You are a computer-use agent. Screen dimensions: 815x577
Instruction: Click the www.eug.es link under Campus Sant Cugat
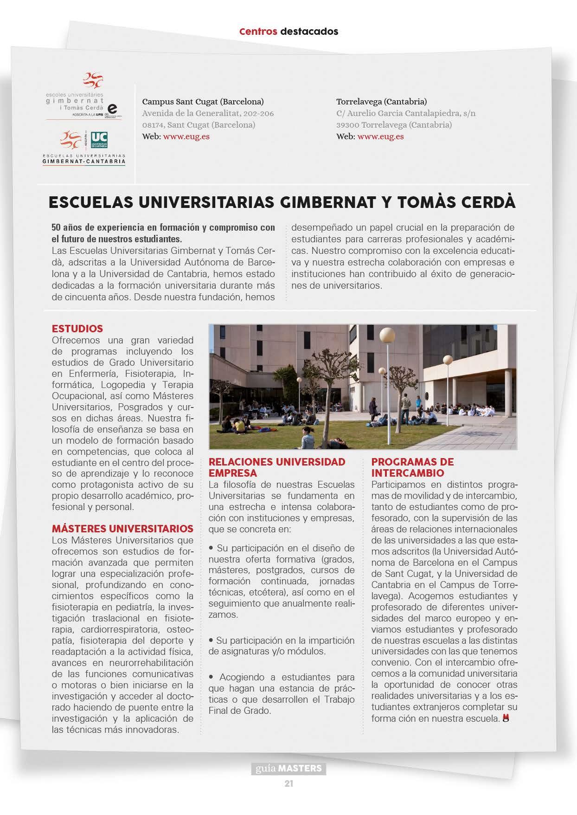(x=186, y=136)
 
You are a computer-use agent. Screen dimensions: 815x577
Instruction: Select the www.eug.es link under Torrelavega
(x=380, y=136)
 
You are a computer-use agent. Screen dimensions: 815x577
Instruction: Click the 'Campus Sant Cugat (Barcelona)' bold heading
(x=203, y=101)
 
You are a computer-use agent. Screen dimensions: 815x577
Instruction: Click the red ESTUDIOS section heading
(x=77, y=329)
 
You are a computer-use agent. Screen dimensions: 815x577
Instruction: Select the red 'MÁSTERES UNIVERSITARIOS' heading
(x=122, y=529)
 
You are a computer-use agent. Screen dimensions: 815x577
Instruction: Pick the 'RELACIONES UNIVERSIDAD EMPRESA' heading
(x=277, y=467)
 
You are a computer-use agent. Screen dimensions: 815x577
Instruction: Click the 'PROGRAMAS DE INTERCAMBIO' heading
(x=412, y=467)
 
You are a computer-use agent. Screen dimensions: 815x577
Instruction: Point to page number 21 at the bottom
(x=289, y=784)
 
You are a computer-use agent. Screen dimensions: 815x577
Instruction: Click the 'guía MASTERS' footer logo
(x=288, y=768)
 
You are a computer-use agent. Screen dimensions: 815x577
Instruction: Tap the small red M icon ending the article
(x=506, y=718)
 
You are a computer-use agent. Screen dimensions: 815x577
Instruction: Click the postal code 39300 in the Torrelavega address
(x=347, y=125)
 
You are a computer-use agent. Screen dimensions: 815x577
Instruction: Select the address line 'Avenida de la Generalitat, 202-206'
(x=208, y=113)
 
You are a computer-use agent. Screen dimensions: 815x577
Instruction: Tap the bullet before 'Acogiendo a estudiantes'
(x=212, y=677)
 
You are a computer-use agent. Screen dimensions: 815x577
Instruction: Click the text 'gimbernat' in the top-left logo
(x=75, y=100)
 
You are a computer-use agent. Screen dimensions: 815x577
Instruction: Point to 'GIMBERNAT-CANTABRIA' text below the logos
(x=83, y=162)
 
